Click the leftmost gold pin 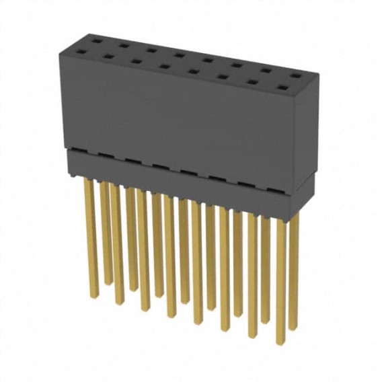[89, 235]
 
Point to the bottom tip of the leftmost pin [89, 295]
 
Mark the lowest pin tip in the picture [280, 343]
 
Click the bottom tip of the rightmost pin [293, 328]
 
